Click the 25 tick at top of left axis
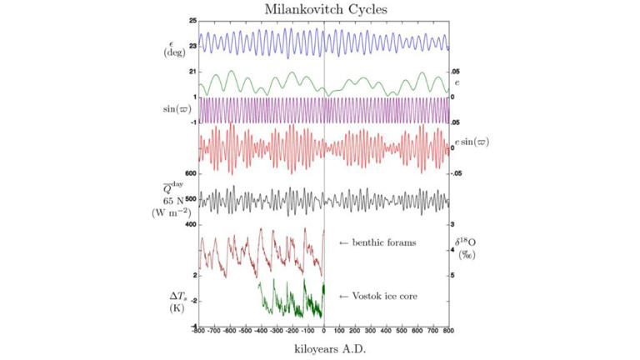click(x=192, y=20)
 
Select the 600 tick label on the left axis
click(x=190, y=173)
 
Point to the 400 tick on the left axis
click(x=190, y=225)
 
